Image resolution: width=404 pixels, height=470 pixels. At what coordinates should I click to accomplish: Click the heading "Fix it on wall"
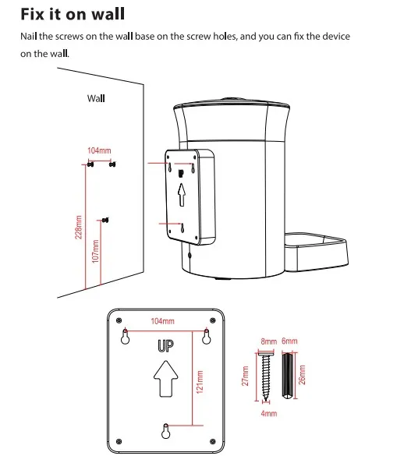coord(73,14)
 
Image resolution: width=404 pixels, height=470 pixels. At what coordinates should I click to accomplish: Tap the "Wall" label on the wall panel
coord(96,98)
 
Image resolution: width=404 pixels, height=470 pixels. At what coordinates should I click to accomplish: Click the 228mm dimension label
coord(78,228)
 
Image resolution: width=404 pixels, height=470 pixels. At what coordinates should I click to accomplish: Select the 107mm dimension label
coord(95,251)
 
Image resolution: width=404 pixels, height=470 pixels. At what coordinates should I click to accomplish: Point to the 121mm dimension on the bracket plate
coord(200,382)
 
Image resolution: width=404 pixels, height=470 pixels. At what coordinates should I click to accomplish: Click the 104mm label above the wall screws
coord(99,150)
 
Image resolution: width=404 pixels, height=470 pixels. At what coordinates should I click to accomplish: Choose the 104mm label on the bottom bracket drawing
coord(162,321)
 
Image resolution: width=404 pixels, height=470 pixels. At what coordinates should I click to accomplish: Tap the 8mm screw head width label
coord(269,341)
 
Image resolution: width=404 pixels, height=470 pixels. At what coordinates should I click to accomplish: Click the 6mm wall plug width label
coord(289,341)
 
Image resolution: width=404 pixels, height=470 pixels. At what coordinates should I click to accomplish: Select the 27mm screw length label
coord(245,376)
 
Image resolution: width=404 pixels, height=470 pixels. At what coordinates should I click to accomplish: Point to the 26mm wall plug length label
coord(302,375)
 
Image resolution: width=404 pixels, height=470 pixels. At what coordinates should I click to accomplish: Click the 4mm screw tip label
coord(269,414)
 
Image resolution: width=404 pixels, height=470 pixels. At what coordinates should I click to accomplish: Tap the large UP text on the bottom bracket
coord(165,346)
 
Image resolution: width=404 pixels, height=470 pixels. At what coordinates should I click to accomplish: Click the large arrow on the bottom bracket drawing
coord(165,379)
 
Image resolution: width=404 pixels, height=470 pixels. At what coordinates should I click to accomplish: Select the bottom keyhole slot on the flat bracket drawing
coord(166,431)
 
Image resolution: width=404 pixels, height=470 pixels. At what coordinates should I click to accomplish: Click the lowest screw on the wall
coord(105,220)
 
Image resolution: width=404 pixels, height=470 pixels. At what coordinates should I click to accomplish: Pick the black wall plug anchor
coord(288,376)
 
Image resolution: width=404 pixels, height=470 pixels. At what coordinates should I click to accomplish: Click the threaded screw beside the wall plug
coord(266,376)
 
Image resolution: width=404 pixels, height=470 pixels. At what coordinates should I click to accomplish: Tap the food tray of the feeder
coord(316,252)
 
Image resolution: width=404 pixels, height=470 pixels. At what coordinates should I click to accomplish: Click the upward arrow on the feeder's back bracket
coord(182,195)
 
